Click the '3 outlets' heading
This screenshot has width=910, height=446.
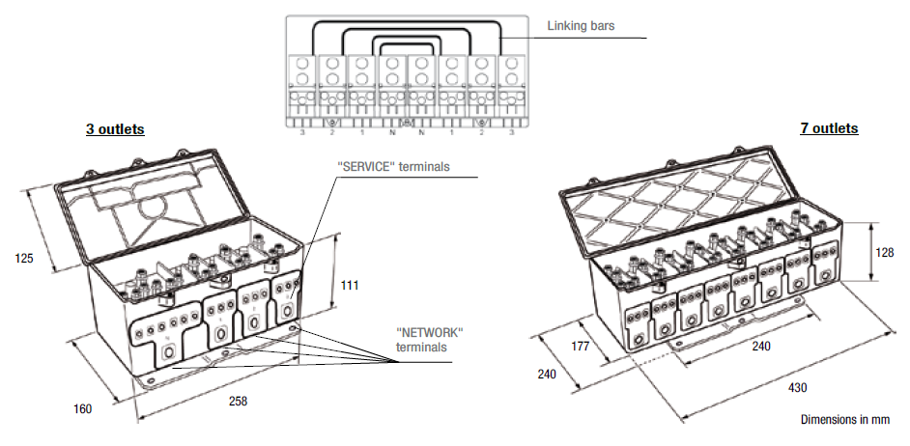coord(115,128)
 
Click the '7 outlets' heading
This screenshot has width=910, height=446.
coord(829,128)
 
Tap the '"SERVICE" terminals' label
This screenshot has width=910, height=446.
coord(393,167)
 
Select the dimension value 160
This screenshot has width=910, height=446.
coord(82,408)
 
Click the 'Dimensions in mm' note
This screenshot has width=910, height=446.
coord(845,420)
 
